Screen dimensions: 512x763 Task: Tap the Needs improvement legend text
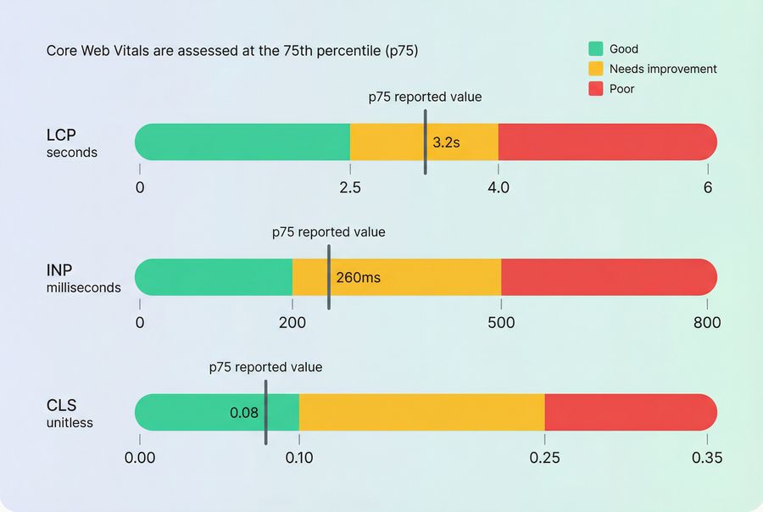[x=663, y=69]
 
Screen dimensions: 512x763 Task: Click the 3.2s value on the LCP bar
[x=446, y=142]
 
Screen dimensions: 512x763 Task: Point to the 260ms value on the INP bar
[x=358, y=277]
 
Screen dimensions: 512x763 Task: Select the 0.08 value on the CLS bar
[x=244, y=413]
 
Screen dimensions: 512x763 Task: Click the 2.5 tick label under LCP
[x=350, y=187]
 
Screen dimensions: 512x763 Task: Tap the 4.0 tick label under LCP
[x=498, y=187]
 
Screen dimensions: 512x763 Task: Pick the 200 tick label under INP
[x=292, y=322]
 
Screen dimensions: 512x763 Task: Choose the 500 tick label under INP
[x=501, y=322]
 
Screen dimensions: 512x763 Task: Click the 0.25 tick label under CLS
[x=544, y=458]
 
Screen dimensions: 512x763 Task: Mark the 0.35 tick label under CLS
[x=707, y=458]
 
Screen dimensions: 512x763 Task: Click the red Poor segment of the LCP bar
[x=607, y=142]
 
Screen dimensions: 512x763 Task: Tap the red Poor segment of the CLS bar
[x=630, y=412]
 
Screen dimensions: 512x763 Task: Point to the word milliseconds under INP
[x=83, y=287]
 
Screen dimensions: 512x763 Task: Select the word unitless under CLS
[x=70, y=422]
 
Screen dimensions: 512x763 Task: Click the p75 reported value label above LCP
[x=425, y=97]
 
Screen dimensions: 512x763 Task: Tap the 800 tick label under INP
[x=707, y=322]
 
